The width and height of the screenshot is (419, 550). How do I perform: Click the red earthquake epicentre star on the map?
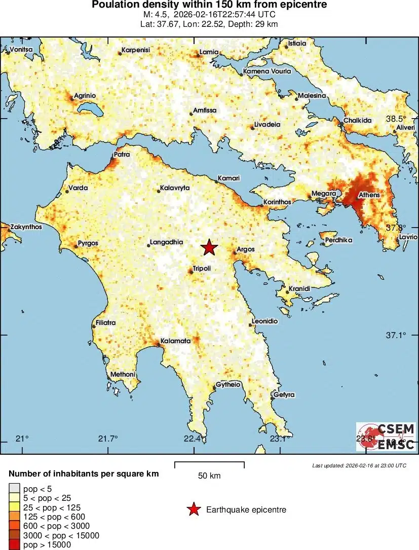click(x=209, y=247)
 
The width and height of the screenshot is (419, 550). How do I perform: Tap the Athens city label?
click(x=369, y=195)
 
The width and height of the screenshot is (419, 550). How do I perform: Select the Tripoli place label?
click(x=201, y=268)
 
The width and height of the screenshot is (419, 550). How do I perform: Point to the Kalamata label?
click(x=175, y=341)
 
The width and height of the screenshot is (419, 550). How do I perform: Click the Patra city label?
click(x=122, y=154)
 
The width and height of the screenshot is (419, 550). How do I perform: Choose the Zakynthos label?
click(x=26, y=227)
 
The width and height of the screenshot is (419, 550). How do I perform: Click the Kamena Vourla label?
click(x=267, y=71)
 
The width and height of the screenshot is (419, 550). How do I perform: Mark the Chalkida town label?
click(x=358, y=120)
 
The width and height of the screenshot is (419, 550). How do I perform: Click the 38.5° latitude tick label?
click(x=396, y=119)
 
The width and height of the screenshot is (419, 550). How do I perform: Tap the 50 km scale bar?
click(x=209, y=465)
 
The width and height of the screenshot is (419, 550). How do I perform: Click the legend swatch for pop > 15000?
click(x=14, y=545)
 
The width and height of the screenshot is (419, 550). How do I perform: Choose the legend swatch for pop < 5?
click(x=14, y=489)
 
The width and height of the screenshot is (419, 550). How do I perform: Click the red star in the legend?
click(x=193, y=509)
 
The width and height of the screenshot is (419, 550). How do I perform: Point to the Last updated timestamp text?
click(x=359, y=465)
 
